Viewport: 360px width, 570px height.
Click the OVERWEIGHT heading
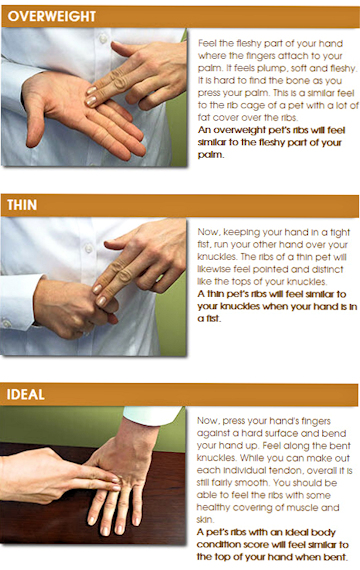[x=52, y=17]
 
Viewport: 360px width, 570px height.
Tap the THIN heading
[x=22, y=205]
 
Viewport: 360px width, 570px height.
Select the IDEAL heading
[x=26, y=394]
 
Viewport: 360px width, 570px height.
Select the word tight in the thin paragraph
[x=340, y=233]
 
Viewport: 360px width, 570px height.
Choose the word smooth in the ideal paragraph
[x=254, y=483]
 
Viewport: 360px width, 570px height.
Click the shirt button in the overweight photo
[x=104, y=38]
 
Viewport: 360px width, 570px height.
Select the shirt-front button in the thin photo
[x=88, y=248]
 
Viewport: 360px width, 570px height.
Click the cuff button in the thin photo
[x=6, y=323]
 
